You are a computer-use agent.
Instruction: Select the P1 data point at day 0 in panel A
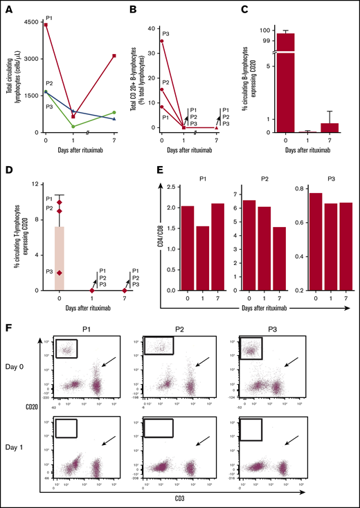[x=45, y=25]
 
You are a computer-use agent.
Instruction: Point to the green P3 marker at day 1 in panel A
[x=73, y=126]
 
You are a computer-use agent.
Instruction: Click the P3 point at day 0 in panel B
[x=161, y=41]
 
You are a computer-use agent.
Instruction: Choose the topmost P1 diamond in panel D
[x=60, y=201]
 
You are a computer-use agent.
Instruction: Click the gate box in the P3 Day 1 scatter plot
[x=248, y=430]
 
